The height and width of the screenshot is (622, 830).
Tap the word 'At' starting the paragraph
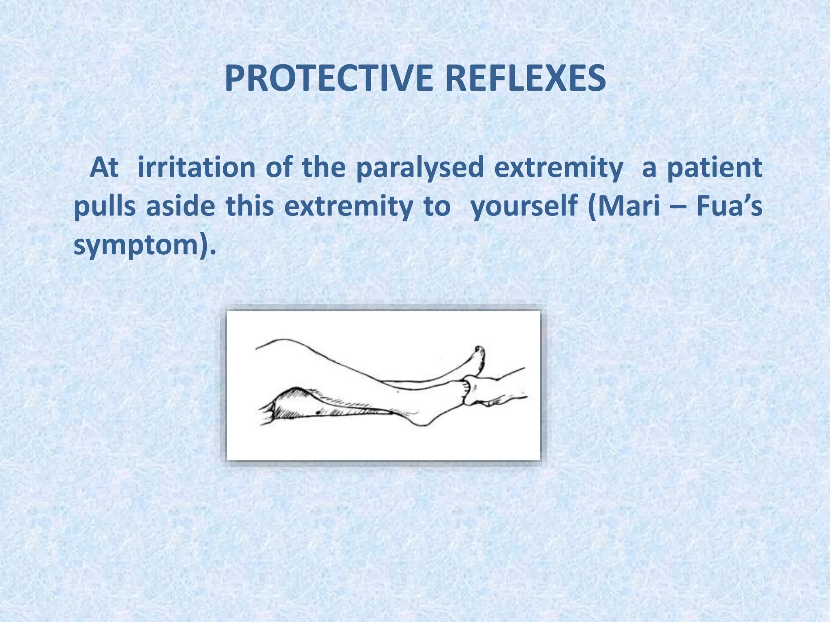(104, 167)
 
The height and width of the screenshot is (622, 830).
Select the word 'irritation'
(196, 167)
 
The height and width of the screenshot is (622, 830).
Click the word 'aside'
(180, 206)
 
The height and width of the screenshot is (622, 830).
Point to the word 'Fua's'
(729, 206)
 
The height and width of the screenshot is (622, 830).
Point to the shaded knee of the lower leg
(296, 401)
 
